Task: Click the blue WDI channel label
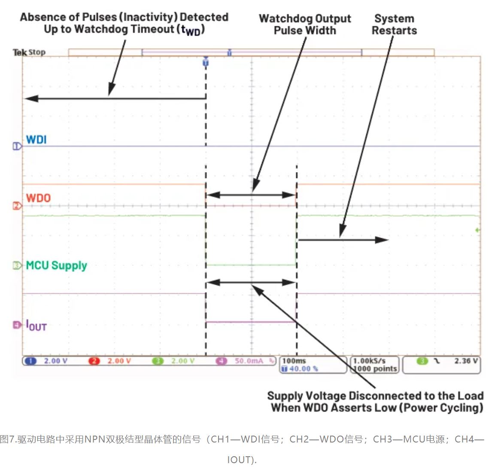(36, 140)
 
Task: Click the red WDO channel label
(38, 198)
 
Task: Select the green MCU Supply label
(56, 265)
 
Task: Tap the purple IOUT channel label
(36, 326)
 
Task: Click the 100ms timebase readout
(295, 361)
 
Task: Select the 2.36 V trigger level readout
(466, 361)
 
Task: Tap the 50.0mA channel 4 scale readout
(249, 361)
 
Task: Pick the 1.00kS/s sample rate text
(369, 361)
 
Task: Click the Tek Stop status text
(29, 52)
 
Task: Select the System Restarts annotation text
(394, 25)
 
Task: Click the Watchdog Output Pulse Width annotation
(305, 25)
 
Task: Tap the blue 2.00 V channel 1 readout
(55, 361)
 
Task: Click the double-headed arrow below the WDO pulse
(251, 195)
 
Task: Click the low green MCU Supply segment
(251, 265)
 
